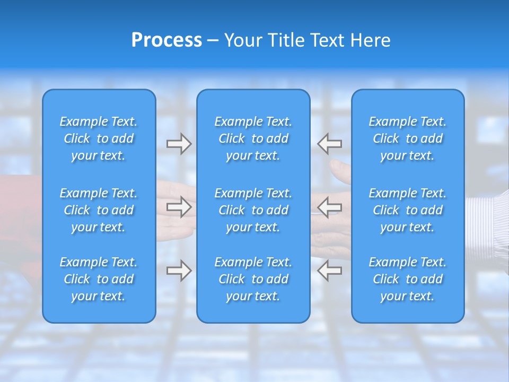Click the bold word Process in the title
point(166,40)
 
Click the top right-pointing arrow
point(179,144)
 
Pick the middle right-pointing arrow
point(179,207)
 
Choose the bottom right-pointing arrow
point(179,271)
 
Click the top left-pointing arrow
point(330,144)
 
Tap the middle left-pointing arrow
point(330,207)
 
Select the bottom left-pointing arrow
point(330,271)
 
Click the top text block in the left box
point(99,138)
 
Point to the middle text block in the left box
point(99,210)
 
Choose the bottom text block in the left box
point(99,279)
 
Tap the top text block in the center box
point(253,138)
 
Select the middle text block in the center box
point(253,210)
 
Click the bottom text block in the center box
point(253,279)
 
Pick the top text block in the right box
point(407,138)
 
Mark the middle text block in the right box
point(407,210)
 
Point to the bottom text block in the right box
point(407,279)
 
